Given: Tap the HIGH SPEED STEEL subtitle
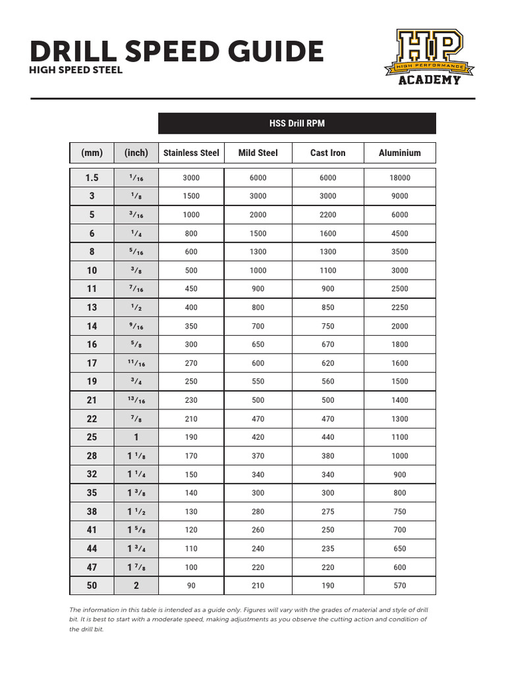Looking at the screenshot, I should pyautogui.click(x=76, y=70).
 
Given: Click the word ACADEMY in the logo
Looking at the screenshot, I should pyautogui.click(x=429, y=80).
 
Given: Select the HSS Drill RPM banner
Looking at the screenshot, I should pyautogui.click(x=297, y=123).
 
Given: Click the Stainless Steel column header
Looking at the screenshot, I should pyautogui.click(x=191, y=153).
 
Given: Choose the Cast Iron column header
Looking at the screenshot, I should pyautogui.click(x=327, y=153).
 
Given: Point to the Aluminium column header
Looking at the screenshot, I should pyautogui.click(x=399, y=153).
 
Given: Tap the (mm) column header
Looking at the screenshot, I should pyautogui.click(x=92, y=153).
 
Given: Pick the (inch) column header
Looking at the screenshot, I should pyautogui.click(x=136, y=153).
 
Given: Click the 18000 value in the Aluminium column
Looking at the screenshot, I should pyautogui.click(x=399, y=178).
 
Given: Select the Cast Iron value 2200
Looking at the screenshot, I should pyautogui.click(x=327, y=215).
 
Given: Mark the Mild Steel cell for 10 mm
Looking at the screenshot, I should pyautogui.click(x=258, y=271).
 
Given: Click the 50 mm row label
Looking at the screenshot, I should pyautogui.click(x=92, y=586).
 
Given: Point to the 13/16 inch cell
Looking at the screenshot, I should pyautogui.click(x=136, y=400).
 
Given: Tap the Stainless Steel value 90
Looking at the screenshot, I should pyautogui.click(x=191, y=586).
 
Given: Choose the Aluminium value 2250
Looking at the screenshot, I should pyautogui.click(x=399, y=307).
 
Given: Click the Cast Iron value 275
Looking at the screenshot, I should pyautogui.click(x=327, y=511).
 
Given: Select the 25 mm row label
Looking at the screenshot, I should pyautogui.click(x=92, y=437).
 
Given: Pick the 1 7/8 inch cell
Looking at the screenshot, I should pyautogui.click(x=136, y=567).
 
